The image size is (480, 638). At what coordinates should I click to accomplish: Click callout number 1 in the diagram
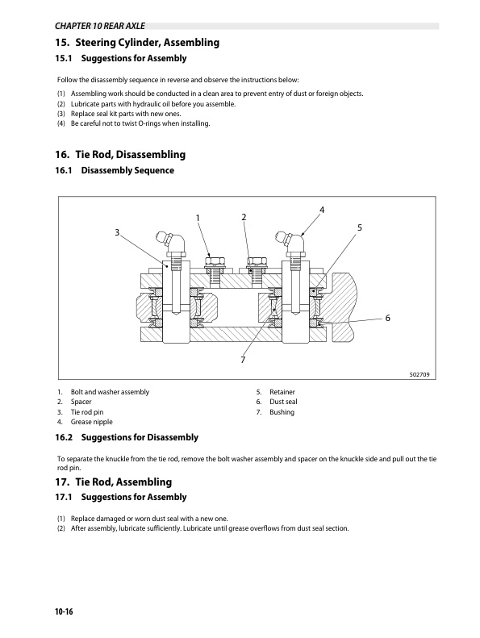point(198,218)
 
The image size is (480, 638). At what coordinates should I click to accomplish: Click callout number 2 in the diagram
point(244,217)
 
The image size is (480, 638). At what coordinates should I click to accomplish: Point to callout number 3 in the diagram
point(117,232)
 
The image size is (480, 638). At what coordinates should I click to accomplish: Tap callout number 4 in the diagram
point(322,210)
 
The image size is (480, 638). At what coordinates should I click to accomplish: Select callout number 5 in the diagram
point(360,227)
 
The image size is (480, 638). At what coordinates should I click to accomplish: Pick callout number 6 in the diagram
point(387,318)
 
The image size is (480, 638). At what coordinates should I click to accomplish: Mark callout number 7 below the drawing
point(243,360)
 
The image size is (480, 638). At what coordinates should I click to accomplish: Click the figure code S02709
point(419,374)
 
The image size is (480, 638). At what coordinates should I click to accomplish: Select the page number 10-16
point(64,611)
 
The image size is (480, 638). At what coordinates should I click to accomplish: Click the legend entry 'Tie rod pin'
point(87,412)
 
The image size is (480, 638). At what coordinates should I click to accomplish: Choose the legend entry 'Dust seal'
point(283,402)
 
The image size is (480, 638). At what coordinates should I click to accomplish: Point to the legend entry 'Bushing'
point(282,412)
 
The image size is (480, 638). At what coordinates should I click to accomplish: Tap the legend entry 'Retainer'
point(282,392)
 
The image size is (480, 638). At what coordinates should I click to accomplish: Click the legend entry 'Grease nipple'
point(92,422)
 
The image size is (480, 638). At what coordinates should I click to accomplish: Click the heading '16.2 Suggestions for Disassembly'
point(127,437)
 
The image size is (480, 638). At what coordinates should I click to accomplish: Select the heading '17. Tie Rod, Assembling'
point(114,482)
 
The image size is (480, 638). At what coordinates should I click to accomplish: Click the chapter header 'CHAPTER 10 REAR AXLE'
point(100,26)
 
